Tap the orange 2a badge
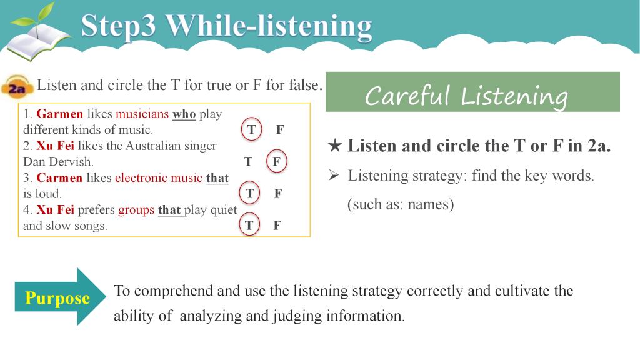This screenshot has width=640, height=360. pos(17,86)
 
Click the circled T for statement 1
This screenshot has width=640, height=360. pos(251,129)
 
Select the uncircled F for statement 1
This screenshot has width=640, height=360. pos(279,130)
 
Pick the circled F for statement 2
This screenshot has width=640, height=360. pos(276,161)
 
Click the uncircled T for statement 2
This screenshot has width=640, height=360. pos(248,162)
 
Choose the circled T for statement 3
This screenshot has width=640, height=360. pos(249,193)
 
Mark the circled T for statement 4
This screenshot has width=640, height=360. pos(249,225)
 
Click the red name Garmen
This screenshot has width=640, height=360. pos(59,114)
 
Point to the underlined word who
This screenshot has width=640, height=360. pos(184,114)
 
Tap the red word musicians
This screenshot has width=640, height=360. pos(142,114)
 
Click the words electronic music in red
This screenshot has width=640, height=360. pos(158,178)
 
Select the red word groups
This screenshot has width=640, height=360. pos(136,211)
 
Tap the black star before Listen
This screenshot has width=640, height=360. pos(335,146)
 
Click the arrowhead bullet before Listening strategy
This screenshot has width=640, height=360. pos(334,176)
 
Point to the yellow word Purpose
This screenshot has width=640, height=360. pos(57,298)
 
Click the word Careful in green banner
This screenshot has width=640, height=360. pos(407,96)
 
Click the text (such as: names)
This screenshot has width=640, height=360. pos(401,204)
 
